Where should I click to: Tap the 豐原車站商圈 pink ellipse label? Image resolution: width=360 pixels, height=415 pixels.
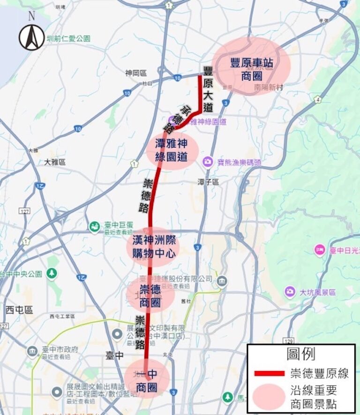(x=251, y=68)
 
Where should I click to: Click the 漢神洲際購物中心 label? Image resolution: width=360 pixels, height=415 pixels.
(x=153, y=247)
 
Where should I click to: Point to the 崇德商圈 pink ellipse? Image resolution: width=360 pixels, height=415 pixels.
(x=150, y=296)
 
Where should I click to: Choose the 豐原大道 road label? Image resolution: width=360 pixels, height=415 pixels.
(x=208, y=90)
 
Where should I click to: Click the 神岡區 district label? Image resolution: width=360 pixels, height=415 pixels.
(x=136, y=73)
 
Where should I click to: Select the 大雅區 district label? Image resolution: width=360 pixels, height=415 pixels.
(x=55, y=162)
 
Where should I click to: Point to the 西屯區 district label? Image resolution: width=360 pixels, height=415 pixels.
(x=19, y=310)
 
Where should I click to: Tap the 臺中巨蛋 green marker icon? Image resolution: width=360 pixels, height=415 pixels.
(x=95, y=227)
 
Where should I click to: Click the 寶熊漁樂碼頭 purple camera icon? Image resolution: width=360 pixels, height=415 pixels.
(x=207, y=162)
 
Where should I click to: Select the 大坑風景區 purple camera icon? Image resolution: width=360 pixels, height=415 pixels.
(x=290, y=292)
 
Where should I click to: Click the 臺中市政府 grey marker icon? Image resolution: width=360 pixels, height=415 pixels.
(x=32, y=351)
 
